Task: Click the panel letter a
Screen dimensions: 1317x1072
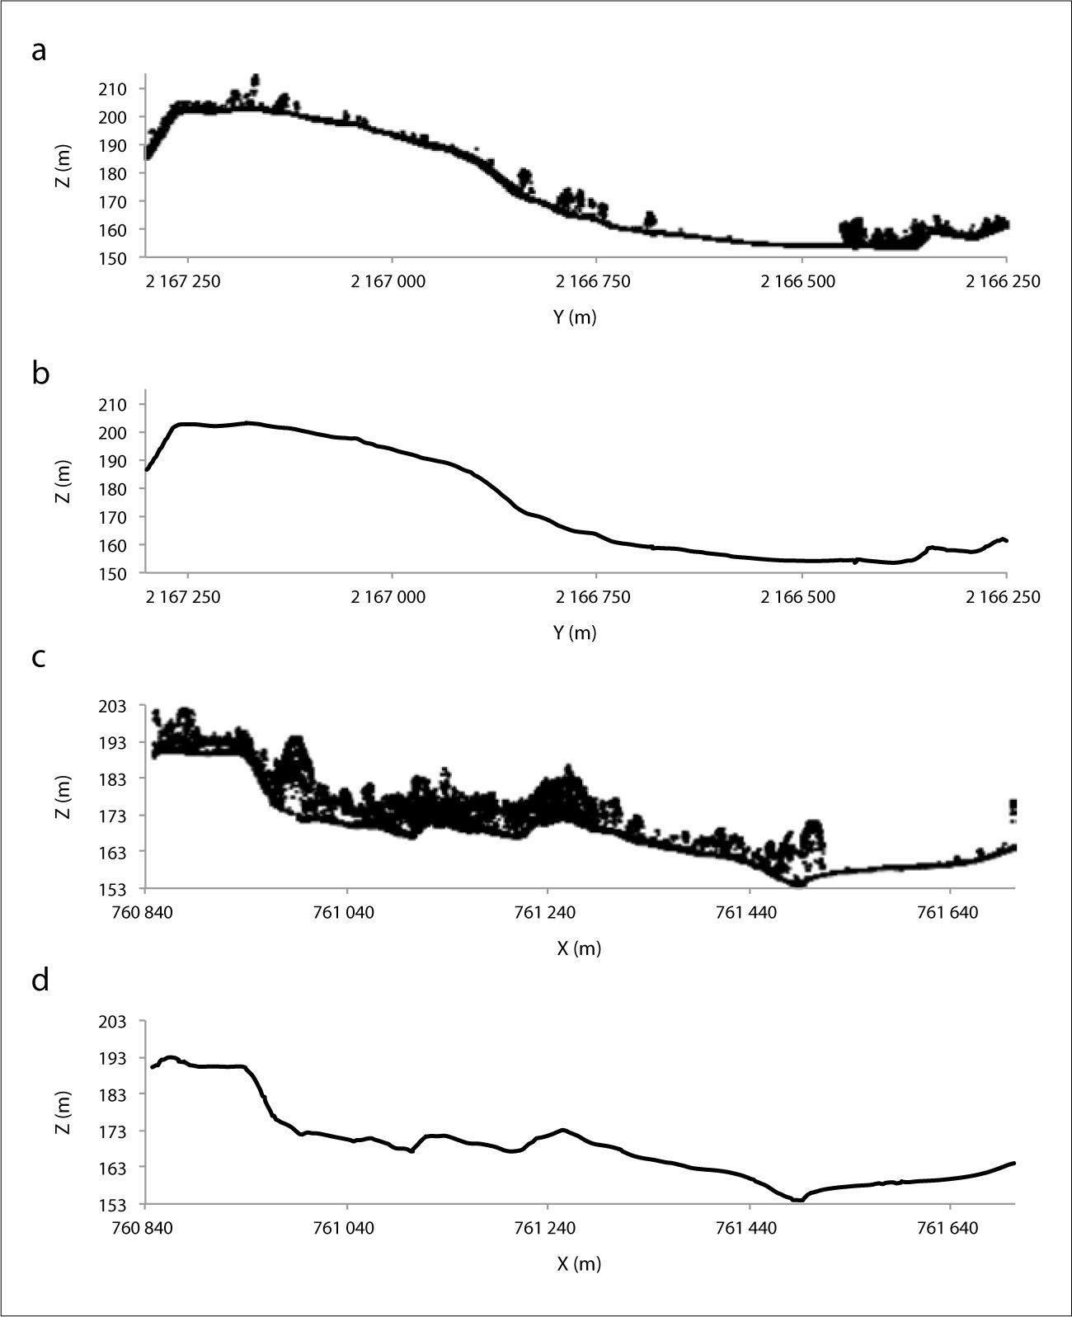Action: coord(39,51)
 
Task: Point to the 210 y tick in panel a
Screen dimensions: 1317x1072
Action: coord(111,89)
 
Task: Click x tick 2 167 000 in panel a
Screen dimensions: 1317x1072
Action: coord(388,281)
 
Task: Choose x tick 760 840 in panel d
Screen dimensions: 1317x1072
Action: coord(146,1228)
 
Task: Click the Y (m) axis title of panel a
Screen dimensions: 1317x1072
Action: coord(575,317)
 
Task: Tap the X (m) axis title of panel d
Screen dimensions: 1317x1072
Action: coord(578,1263)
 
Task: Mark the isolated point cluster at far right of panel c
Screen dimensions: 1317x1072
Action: coord(1013,810)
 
